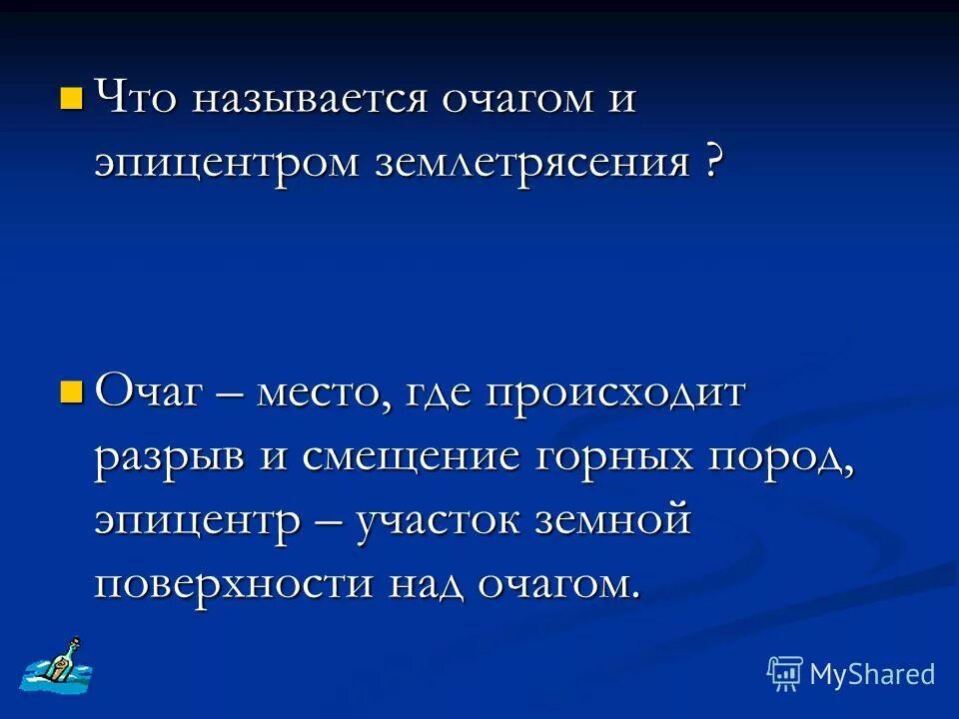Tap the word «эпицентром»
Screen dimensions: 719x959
tap(226, 163)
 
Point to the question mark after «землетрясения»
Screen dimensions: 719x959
tap(711, 161)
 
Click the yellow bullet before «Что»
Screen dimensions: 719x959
tap(71, 98)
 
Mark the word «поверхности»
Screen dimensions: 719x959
tap(234, 584)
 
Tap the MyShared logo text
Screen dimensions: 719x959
tap(872, 674)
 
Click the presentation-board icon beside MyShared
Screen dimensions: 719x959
tap(784, 673)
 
